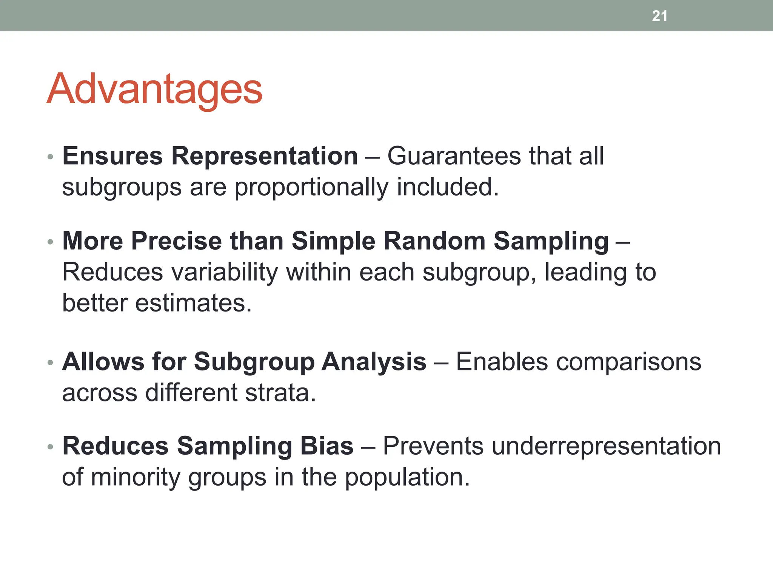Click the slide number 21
(x=659, y=16)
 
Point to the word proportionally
(x=311, y=188)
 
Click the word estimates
(x=193, y=303)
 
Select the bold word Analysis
(x=374, y=362)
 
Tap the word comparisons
(x=579, y=362)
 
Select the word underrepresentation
(x=552, y=446)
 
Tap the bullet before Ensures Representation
(x=50, y=157)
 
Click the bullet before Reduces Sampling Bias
(x=50, y=447)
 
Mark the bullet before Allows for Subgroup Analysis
(x=50, y=363)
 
